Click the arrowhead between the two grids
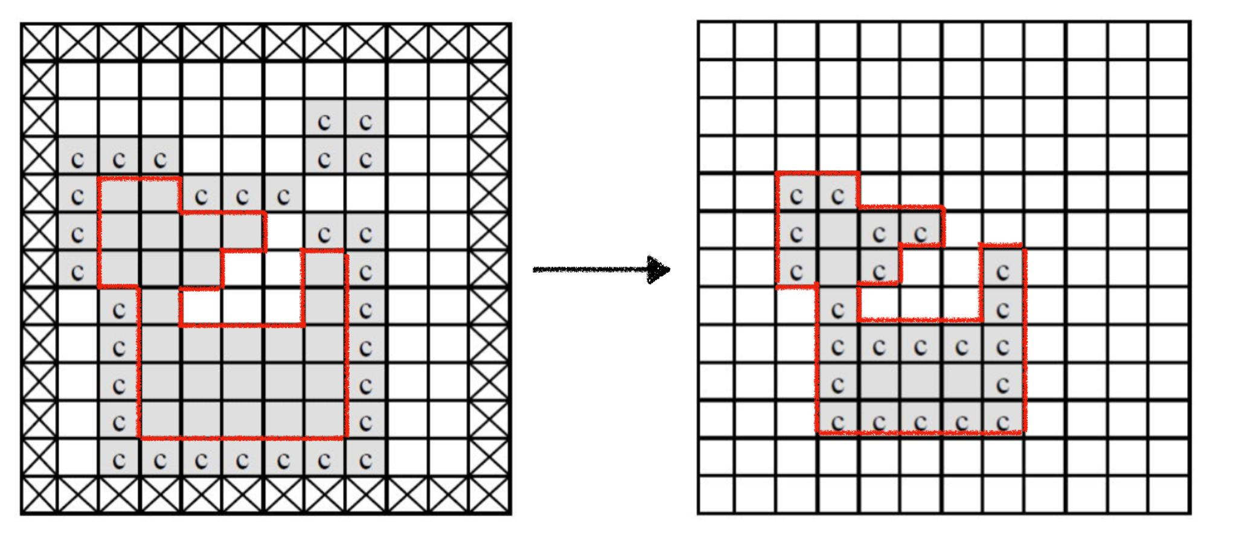(x=659, y=269)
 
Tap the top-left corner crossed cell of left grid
(x=39, y=42)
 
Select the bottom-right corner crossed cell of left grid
(x=489, y=495)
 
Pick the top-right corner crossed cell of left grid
(x=489, y=42)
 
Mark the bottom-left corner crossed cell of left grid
(x=39, y=495)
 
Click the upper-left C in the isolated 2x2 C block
(x=325, y=123)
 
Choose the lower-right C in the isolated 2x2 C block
(x=366, y=161)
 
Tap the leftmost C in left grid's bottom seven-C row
(x=119, y=461)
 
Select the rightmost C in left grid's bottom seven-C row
(x=366, y=461)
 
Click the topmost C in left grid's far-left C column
(x=78, y=161)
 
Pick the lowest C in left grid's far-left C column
(x=78, y=273)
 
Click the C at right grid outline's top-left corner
(x=796, y=196)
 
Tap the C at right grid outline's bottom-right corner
(x=1003, y=423)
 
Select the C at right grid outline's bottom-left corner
(x=837, y=423)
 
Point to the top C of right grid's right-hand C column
(x=1003, y=273)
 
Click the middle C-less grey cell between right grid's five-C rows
(x=920, y=385)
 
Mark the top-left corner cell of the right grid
(x=717, y=41)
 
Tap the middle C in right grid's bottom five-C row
(x=920, y=423)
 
